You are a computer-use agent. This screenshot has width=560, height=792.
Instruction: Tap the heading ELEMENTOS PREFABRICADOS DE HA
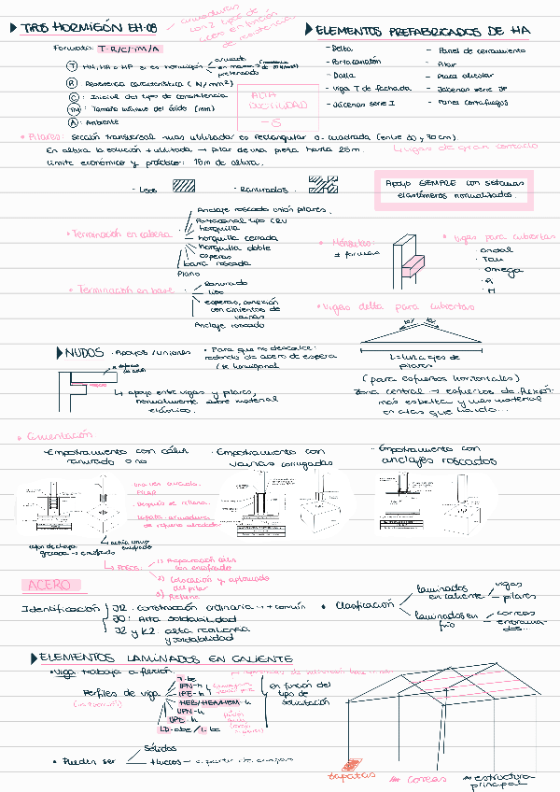426,31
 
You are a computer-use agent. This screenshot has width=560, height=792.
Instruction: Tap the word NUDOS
83,352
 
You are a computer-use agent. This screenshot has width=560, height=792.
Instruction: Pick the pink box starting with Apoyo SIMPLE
453,189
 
